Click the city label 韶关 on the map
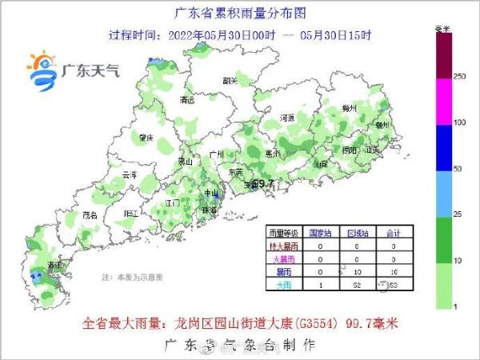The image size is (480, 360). click(230, 80)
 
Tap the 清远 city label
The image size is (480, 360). click(188, 101)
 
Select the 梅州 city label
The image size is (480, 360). click(347, 107)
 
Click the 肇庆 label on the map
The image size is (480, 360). click(145, 137)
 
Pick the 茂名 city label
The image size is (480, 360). click(90, 215)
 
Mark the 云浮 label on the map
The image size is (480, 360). click(129, 174)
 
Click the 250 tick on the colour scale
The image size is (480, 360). click(460, 76)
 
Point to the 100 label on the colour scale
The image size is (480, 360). click(460, 122)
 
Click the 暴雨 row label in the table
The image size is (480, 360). click(283, 272)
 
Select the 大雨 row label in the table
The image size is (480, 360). click(283, 285)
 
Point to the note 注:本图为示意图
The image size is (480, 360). click(132, 277)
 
